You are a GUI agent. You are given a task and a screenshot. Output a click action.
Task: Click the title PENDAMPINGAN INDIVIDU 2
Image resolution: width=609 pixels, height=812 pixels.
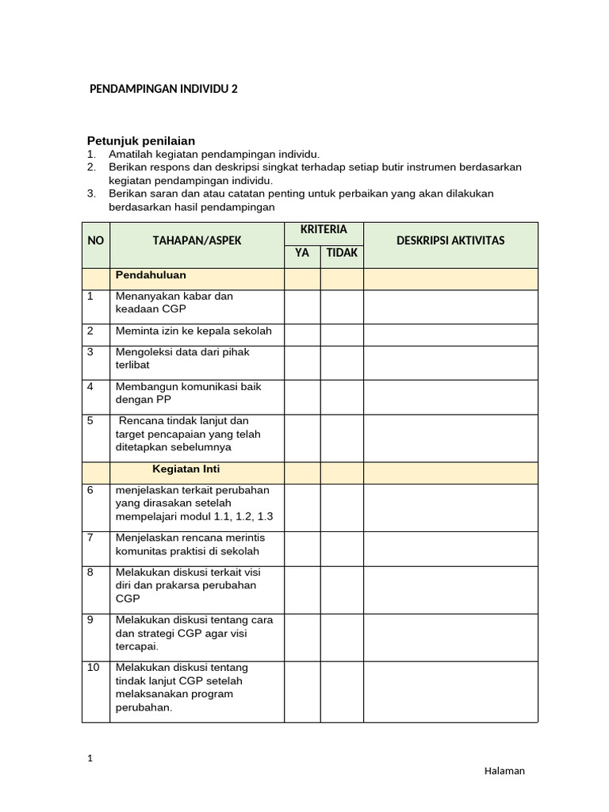tap(163, 90)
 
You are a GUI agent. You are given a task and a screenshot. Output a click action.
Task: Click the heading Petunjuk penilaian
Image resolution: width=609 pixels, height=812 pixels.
tap(151, 140)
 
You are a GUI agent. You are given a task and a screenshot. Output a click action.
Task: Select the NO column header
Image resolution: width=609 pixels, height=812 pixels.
tap(95, 240)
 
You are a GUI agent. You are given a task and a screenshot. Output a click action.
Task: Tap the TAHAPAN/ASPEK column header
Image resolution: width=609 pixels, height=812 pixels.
tap(197, 240)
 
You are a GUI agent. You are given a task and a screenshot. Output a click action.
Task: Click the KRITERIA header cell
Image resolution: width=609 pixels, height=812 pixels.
tap(324, 229)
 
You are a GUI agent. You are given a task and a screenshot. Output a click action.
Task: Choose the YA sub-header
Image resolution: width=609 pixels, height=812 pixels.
tap(302, 253)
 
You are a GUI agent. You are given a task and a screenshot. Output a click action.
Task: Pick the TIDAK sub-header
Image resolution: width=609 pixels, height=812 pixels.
tap(342, 253)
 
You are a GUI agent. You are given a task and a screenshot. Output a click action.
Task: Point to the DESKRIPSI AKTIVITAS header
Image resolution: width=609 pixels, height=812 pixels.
tap(450, 240)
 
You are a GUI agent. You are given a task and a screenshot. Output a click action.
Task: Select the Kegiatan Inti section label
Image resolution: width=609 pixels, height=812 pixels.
tap(186, 469)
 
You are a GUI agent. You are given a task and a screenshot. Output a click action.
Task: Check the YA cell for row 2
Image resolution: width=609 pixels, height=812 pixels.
tap(302, 335)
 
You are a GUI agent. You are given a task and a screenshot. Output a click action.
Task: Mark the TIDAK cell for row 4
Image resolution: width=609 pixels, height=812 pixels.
tap(342, 396)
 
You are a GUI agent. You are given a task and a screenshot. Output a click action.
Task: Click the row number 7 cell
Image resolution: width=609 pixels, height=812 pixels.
tap(95, 547)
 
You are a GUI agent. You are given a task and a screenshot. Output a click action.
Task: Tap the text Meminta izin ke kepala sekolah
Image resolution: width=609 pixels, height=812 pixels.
tap(193, 331)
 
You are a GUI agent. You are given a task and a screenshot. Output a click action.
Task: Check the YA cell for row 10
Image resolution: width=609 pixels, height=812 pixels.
tap(302, 690)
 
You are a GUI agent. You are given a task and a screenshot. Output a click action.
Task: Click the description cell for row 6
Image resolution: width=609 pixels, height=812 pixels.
tap(450, 507)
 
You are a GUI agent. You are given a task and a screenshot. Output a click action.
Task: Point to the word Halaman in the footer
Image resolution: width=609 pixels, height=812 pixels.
tap(504, 771)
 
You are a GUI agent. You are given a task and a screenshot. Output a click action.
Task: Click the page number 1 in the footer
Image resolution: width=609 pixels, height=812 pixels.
tap(90, 759)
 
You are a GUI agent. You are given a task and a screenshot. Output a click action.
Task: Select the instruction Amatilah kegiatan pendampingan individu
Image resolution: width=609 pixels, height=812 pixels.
tap(214, 154)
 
